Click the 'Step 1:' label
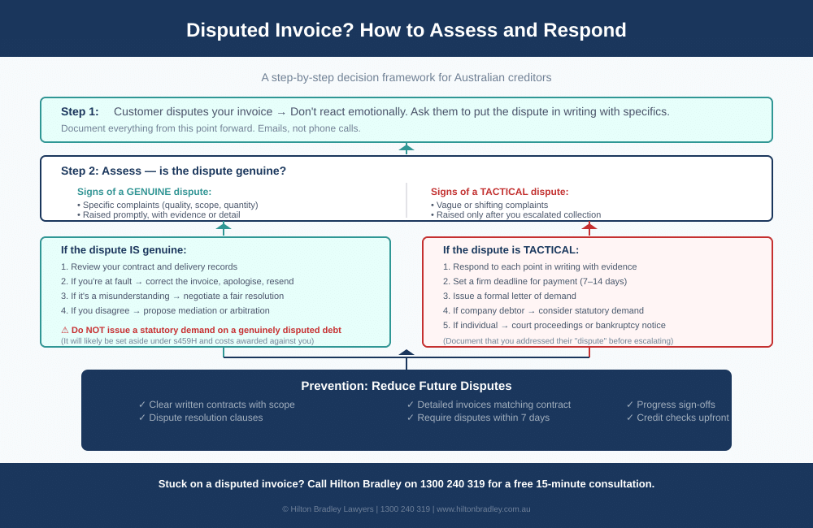click(x=80, y=111)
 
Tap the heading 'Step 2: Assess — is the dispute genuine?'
click(x=173, y=171)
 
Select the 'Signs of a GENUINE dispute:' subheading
click(x=144, y=192)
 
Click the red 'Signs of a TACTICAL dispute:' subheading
click(x=499, y=192)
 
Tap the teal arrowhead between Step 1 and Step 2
click(x=406, y=148)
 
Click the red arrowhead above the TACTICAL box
click(x=589, y=227)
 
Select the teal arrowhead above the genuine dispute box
click(x=224, y=227)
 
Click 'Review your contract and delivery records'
click(x=154, y=266)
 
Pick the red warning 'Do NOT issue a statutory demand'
click(x=206, y=330)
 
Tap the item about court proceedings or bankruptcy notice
click(x=559, y=325)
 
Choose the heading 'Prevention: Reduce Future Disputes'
click(x=406, y=386)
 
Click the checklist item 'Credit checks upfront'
click(x=682, y=418)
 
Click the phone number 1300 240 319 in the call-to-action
click(x=452, y=483)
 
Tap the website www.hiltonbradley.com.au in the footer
click(x=483, y=509)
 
